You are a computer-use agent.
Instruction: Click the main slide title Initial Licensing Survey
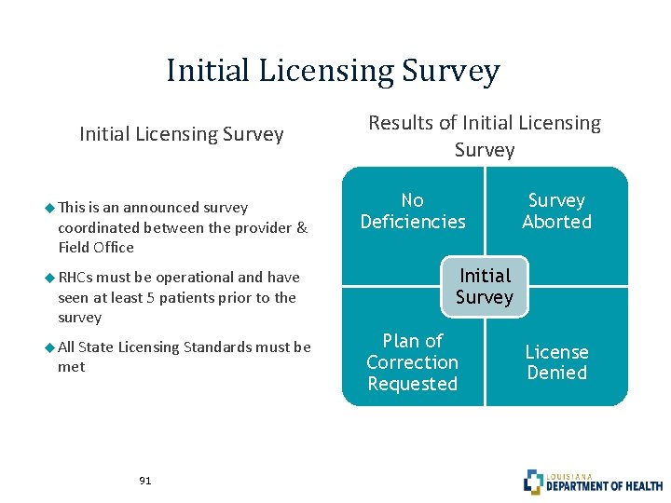coord(334,71)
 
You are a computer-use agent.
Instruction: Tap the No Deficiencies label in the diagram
coord(412,211)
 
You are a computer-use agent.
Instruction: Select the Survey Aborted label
coord(556,211)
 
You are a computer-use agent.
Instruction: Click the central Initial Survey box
coord(485,287)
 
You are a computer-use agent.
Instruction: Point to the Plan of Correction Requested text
coord(412,362)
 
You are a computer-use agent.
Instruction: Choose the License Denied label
coord(556,362)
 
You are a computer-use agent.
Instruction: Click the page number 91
coord(144,481)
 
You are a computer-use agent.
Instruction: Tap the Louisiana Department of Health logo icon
coord(533,482)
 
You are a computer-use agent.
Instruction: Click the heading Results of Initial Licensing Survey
coord(485,136)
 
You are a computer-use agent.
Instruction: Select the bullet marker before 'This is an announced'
coord(49,207)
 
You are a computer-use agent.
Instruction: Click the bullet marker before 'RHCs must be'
coord(49,277)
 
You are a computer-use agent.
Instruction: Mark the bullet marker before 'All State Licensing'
coord(49,347)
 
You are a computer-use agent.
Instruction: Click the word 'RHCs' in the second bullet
coord(75,278)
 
